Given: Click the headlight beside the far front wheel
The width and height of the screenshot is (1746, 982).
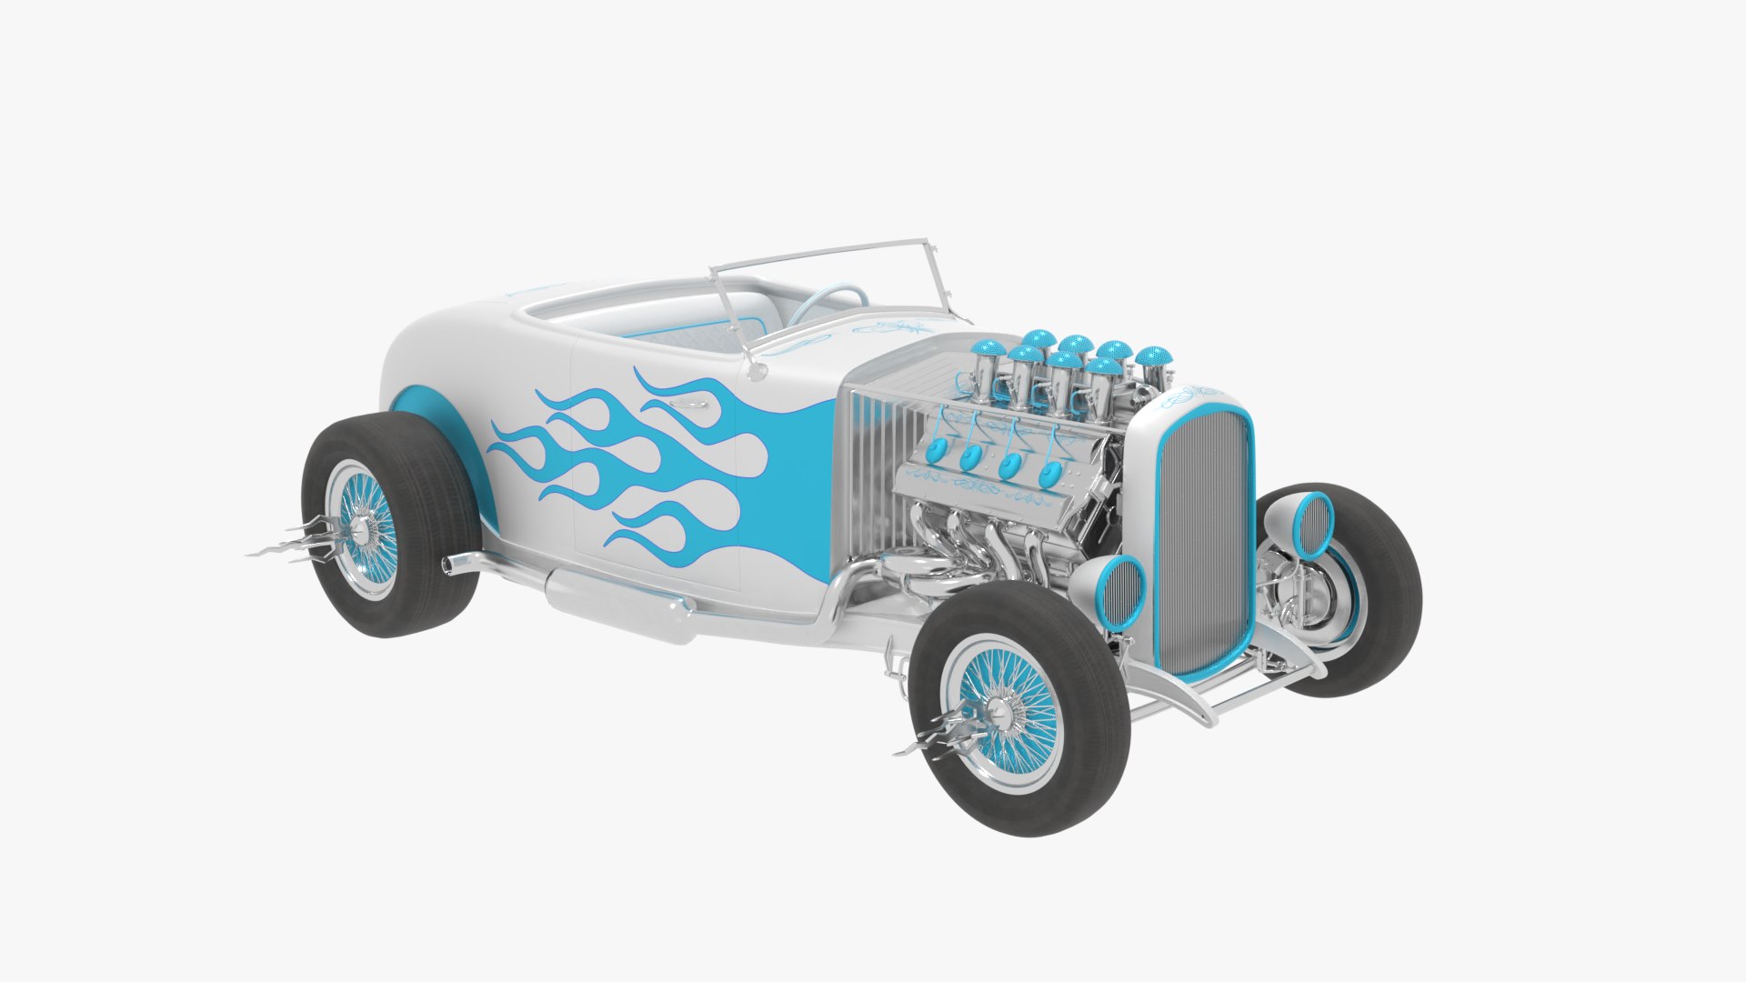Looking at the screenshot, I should (1311, 525).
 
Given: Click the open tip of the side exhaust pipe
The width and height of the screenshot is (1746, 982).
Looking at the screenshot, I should (447, 566).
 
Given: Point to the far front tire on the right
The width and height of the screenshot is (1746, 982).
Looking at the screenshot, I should (1382, 591).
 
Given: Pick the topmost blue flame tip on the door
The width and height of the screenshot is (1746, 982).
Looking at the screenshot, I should (642, 375).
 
